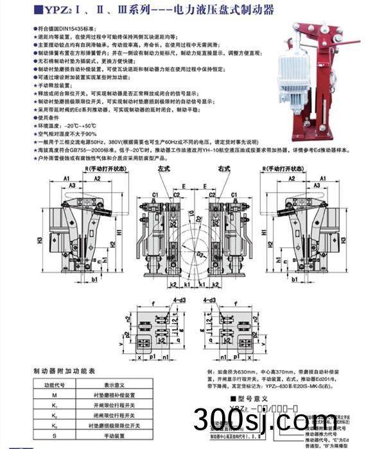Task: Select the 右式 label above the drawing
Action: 223,168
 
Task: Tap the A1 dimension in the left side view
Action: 66,179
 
